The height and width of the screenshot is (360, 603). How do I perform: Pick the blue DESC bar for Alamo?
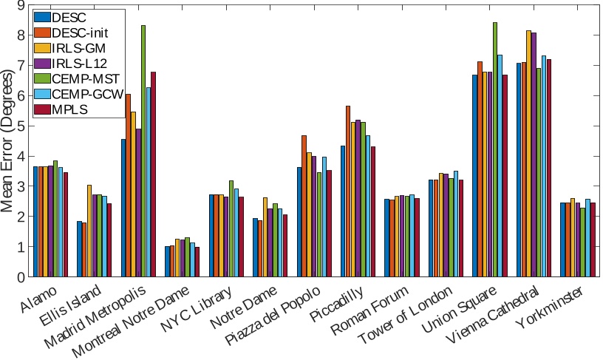tap(35, 222)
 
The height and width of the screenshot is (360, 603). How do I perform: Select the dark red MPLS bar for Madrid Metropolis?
tap(154, 174)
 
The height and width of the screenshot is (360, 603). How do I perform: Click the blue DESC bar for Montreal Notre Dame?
tap(167, 262)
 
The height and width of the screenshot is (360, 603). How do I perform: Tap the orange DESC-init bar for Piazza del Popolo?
tap(304, 206)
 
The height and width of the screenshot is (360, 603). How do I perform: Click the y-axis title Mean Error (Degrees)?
tap(8, 140)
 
